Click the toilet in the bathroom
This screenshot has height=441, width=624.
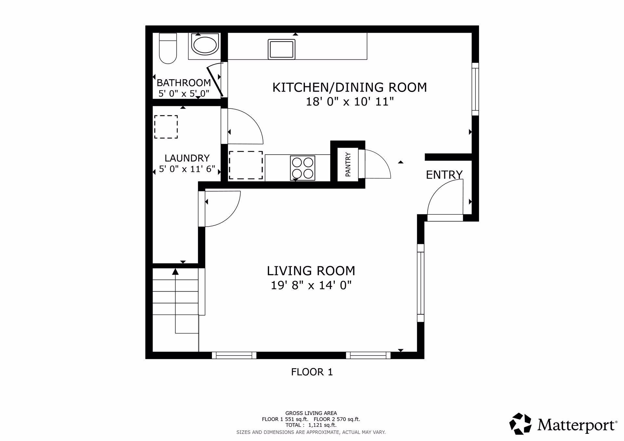(x=168, y=48)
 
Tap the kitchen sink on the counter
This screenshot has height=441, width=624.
(x=281, y=49)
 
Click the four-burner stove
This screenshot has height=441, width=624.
(x=303, y=168)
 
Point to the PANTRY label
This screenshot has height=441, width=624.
(x=348, y=164)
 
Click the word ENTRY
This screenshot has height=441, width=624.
(x=444, y=175)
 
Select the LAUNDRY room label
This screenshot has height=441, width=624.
(x=187, y=158)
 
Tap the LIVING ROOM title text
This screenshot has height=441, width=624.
(x=311, y=271)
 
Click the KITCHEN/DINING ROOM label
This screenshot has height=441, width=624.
(x=350, y=87)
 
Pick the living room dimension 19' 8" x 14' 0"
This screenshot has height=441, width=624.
(x=311, y=285)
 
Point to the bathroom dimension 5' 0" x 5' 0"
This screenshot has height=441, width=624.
(x=184, y=94)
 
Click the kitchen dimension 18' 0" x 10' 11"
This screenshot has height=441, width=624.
(x=350, y=102)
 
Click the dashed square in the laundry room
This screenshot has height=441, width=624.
(x=166, y=127)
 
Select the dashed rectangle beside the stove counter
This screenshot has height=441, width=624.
(x=246, y=165)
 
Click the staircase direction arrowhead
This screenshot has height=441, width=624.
(x=175, y=271)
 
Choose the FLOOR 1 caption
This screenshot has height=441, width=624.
(x=312, y=372)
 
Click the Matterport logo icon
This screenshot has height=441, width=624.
(x=520, y=423)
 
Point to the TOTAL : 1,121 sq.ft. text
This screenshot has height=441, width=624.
(x=311, y=424)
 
